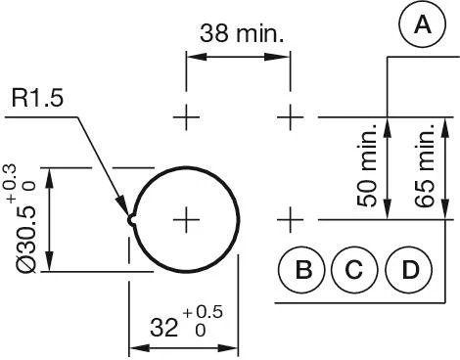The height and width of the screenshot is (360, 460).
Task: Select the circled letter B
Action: click(303, 270)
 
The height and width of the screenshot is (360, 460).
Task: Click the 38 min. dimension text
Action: click(242, 33)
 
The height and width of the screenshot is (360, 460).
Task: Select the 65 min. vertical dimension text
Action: click(423, 164)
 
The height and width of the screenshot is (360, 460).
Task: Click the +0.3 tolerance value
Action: click(11, 184)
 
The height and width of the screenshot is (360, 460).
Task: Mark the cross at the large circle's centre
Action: click(186, 219)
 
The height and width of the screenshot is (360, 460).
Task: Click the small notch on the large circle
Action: click(130, 219)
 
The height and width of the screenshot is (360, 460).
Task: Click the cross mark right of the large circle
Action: click(291, 218)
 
